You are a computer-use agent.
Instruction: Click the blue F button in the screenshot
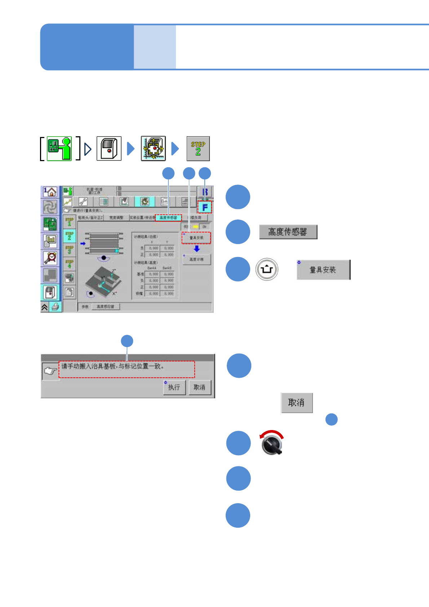coord(204,207)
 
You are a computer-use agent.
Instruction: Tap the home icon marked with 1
coord(50,191)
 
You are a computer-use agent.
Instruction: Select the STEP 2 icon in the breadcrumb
coord(198,149)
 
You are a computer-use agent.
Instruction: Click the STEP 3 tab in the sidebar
coord(69,250)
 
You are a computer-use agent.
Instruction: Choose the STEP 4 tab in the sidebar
coord(69,264)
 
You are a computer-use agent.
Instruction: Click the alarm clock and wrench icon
coord(50,258)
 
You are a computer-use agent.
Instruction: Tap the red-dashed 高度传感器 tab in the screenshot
coord(168,218)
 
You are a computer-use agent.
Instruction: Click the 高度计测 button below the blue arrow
coord(196,260)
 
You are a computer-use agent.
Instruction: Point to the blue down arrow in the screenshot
coord(196,249)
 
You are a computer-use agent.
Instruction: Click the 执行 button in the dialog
coord(174,387)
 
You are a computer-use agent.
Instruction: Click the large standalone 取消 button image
coord(296,403)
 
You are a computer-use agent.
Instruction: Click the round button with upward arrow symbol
coord(267,269)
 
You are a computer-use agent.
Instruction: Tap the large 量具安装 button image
coord(323,270)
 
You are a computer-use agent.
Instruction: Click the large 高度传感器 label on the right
coord(288,232)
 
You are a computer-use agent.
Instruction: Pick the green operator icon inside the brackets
coord(59,149)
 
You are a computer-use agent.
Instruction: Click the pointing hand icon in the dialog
coord(50,371)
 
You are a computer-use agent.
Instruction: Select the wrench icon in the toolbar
coord(83,202)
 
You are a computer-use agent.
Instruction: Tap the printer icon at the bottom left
coord(55,307)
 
